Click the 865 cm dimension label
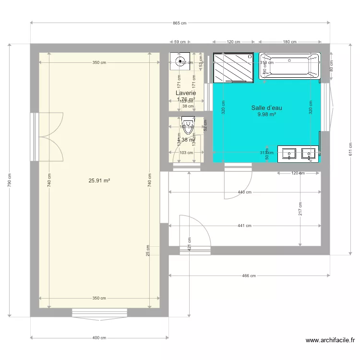(x=180, y=23)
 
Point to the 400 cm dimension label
(x=99, y=338)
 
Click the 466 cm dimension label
(x=249, y=276)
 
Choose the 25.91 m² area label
(x=99, y=180)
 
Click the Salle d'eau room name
(x=266, y=108)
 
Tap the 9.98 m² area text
(x=266, y=115)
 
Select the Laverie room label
(x=186, y=93)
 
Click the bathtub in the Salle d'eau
(x=289, y=66)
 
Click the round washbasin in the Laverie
(x=180, y=61)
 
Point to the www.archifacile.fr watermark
(x=331, y=340)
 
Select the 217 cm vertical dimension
(x=300, y=208)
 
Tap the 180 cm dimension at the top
(x=290, y=42)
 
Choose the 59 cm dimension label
(x=180, y=42)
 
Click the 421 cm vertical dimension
(x=190, y=244)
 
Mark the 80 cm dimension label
(x=331, y=68)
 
